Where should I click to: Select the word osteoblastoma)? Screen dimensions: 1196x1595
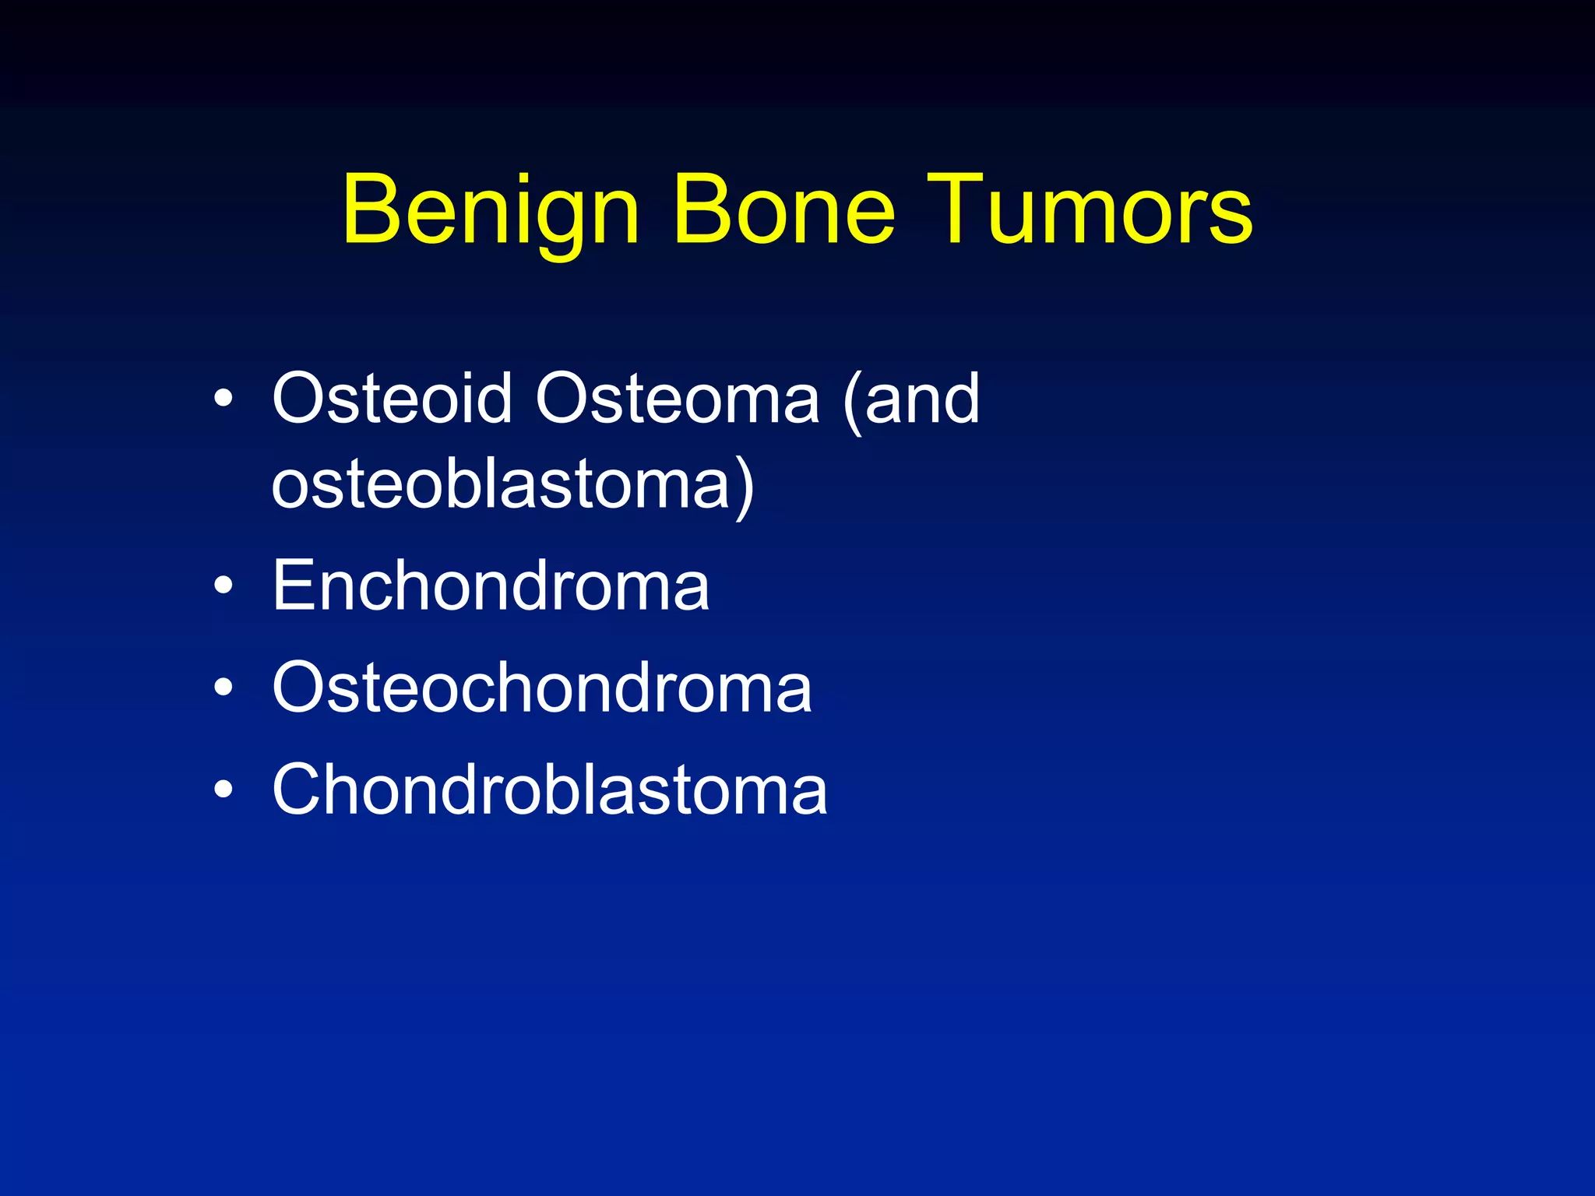(x=512, y=485)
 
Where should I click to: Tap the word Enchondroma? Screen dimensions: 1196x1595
(x=491, y=586)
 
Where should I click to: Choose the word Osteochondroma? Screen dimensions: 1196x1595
(x=542, y=688)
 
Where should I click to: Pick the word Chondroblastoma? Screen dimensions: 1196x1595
(x=550, y=790)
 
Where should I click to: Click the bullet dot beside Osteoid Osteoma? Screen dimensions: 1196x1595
(x=224, y=399)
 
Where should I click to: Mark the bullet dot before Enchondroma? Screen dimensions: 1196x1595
(x=224, y=586)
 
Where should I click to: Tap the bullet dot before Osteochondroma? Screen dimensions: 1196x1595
(x=224, y=688)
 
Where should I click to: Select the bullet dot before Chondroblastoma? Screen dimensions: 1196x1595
(x=224, y=790)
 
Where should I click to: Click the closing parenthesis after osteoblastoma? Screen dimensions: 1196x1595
(x=745, y=487)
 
